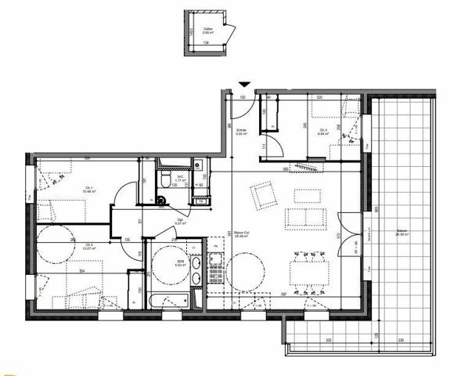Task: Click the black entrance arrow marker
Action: point(245,84)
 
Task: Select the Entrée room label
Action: point(242,132)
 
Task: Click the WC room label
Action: point(180,179)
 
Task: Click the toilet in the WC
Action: point(165,180)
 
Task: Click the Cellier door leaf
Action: point(229,33)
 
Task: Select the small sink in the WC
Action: point(198,165)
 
